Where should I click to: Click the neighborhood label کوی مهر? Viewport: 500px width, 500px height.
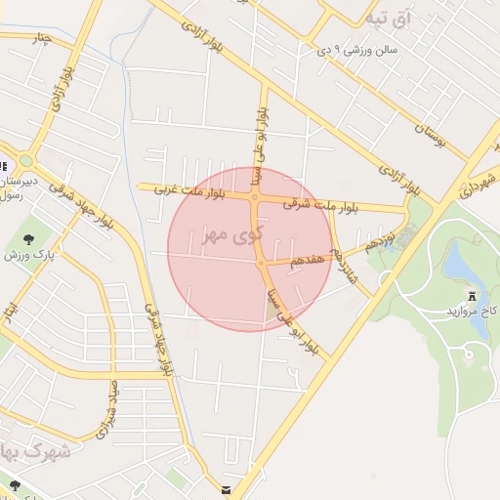[x=232, y=234]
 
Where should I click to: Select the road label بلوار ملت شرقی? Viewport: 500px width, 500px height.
[x=314, y=205]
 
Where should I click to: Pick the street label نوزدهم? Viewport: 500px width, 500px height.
[x=381, y=237]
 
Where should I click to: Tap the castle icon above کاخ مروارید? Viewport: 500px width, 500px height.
[x=473, y=295]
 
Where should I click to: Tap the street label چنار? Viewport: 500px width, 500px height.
[x=39, y=39]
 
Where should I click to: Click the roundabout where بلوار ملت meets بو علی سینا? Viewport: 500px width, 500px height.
[x=254, y=197]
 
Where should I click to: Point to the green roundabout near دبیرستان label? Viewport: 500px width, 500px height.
[x=26, y=161]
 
